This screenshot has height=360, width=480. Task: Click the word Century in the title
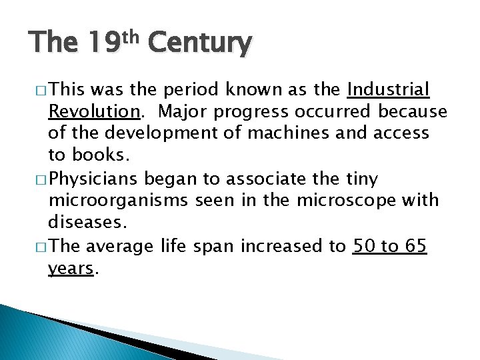pos(200,45)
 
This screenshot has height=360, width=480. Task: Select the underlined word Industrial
pos(389,89)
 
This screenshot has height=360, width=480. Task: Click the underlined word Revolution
pos(91,111)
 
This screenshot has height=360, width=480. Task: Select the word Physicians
pos(93,179)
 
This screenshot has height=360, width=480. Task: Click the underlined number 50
pos(363,247)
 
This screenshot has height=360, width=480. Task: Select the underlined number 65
pos(415,247)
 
